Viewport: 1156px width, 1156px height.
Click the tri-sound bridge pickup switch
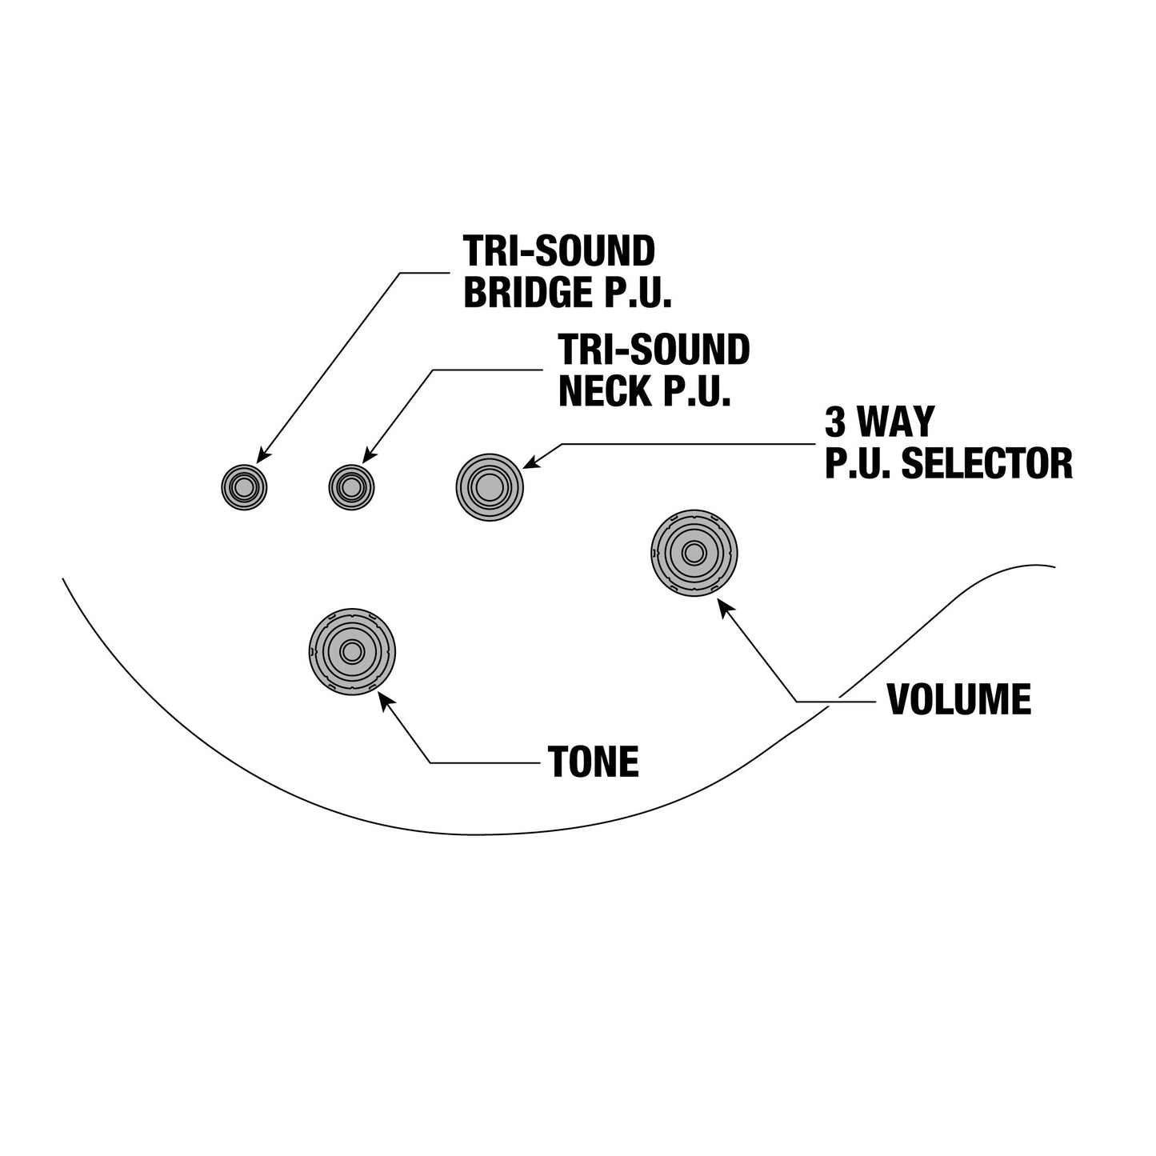pyautogui.click(x=244, y=488)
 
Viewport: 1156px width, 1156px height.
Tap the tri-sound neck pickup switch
pyautogui.click(x=351, y=488)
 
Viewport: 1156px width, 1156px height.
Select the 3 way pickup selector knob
pyautogui.click(x=490, y=487)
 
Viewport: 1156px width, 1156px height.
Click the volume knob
pyautogui.click(x=694, y=553)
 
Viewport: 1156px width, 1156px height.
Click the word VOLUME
pyautogui.click(x=959, y=699)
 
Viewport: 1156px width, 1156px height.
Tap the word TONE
pyautogui.click(x=594, y=762)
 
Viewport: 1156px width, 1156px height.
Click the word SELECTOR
pyautogui.click(x=987, y=464)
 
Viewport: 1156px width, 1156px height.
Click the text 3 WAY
pyautogui.click(x=880, y=422)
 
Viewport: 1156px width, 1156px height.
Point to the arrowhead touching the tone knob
pyautogui.click(x=386, y=702)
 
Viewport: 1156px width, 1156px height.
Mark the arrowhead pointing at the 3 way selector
pyautogui.click(x=531, y=462)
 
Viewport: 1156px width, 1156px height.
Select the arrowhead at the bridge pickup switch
pyautogui.click(x=262, y=455)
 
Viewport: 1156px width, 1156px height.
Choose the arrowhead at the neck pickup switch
pyautogui.click(x=370, y=455)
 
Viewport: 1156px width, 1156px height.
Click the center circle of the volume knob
pyautogui.click(x=694, y=553)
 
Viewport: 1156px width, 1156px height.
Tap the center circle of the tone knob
pyautogui.click(x=352, y=651)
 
